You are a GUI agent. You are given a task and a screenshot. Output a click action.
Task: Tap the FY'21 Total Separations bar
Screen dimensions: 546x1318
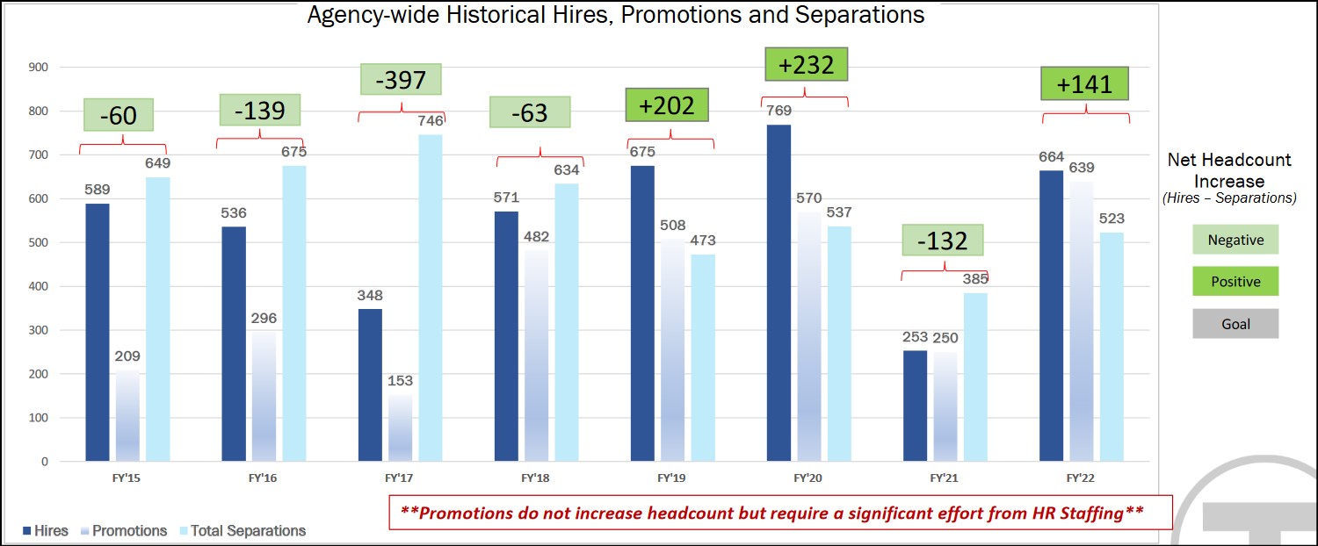(975, 377)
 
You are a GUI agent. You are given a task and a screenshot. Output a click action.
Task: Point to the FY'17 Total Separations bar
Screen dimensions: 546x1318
(431, 298)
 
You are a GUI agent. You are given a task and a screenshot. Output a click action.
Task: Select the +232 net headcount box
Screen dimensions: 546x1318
(806, 65)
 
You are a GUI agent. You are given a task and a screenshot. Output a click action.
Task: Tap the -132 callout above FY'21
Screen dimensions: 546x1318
(943, 241)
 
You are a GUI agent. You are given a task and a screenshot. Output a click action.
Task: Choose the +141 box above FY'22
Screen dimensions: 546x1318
(1084, 84)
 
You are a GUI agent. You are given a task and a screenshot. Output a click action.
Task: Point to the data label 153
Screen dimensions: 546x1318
(399, 381)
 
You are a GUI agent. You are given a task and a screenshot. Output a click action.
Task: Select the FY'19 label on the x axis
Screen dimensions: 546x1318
(671, 479)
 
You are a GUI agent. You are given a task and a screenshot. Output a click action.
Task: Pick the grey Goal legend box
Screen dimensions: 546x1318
(1235, 324)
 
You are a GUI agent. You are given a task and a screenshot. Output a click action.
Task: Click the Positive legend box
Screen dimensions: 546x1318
(1235, 282)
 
